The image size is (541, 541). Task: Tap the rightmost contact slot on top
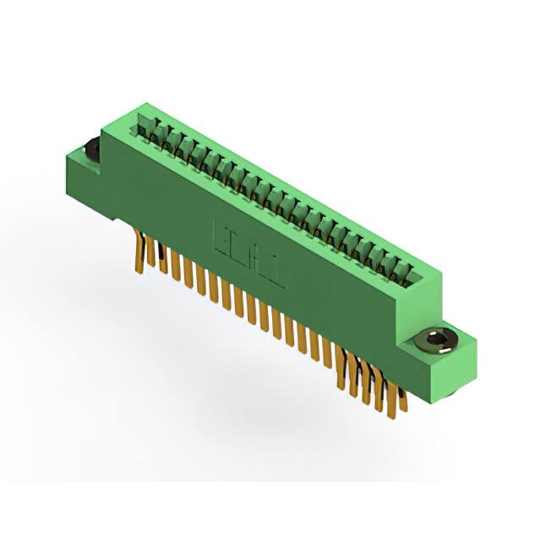(411, 273)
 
